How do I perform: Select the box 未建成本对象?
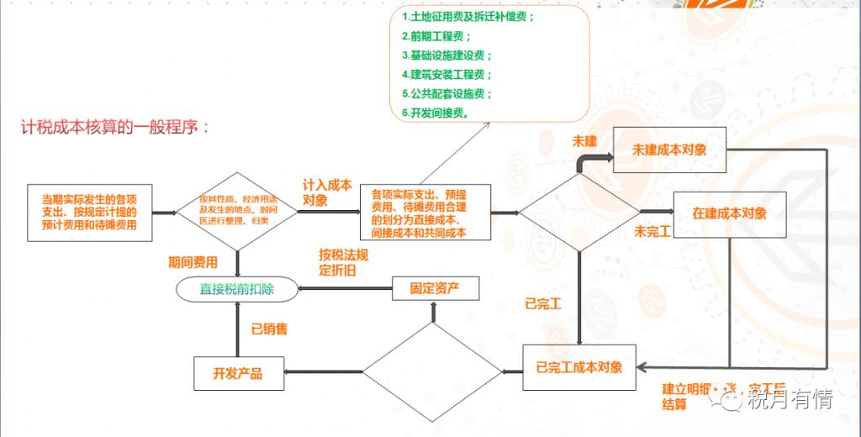coord(669,150)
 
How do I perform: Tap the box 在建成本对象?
coord(729,213)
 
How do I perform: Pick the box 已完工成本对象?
coord(579,367)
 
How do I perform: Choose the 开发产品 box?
coord(238,372)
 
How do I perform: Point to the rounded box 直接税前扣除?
coord(237,289)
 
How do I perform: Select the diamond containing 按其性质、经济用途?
coord(236,212)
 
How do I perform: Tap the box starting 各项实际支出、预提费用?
coord(425,213)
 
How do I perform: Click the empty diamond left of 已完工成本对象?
coord(433,370)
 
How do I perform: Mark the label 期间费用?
coord(193,262)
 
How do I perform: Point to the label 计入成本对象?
coord(327,192)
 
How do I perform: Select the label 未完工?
coord(652,231)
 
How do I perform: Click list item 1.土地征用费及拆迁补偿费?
coord(468,17)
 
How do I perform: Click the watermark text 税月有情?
coord(790,400)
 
